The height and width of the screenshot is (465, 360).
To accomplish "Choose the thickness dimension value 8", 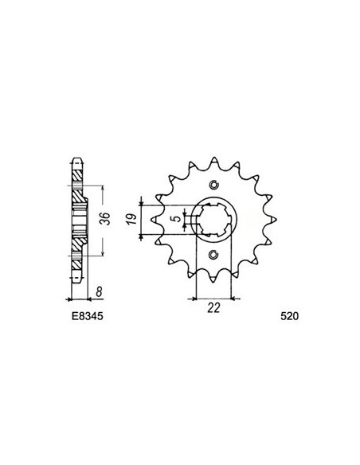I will [x=96, y=292].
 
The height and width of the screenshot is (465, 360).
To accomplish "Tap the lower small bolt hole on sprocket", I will [x=213, y=256].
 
